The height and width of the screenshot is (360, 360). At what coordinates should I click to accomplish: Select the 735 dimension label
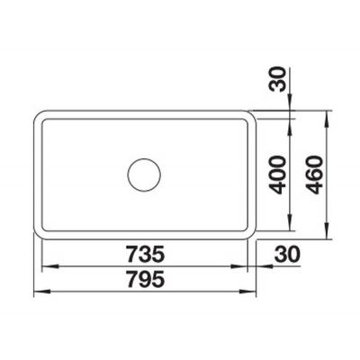click(146, 254)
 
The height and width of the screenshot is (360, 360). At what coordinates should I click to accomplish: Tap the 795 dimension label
click(146, 279)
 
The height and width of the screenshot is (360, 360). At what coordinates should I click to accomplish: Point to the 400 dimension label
click(276, 175)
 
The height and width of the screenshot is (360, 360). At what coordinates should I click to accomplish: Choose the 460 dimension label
click(314, 175)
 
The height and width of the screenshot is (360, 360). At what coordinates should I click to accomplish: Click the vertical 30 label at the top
click(277, 79)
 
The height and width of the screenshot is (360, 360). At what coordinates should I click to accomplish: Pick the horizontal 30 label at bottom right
click(287, 254)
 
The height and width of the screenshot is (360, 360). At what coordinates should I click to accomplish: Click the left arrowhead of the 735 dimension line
click(49, 266)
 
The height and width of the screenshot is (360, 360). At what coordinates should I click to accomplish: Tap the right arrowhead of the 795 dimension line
click(247, 291)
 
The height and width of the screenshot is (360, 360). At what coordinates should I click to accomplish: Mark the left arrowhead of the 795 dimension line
click(42, 291)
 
